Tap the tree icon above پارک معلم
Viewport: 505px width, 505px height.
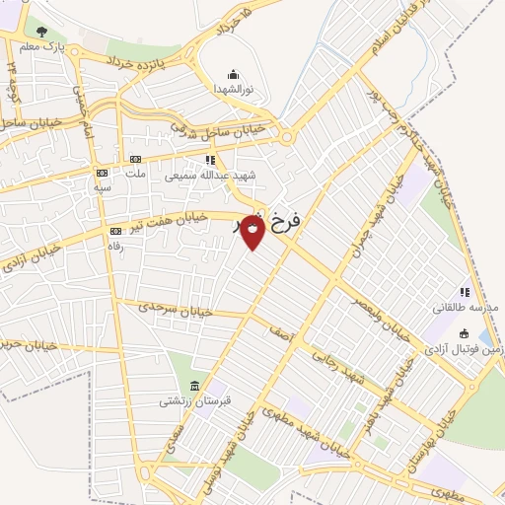[40, 32]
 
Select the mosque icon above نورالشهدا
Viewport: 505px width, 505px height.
[233, 74]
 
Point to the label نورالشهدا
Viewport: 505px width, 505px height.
[234, 89]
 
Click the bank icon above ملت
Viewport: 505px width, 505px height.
[135, 159]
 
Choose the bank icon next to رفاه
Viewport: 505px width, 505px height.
[114, 232]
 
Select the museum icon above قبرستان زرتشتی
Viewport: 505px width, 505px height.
[193, 386]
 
